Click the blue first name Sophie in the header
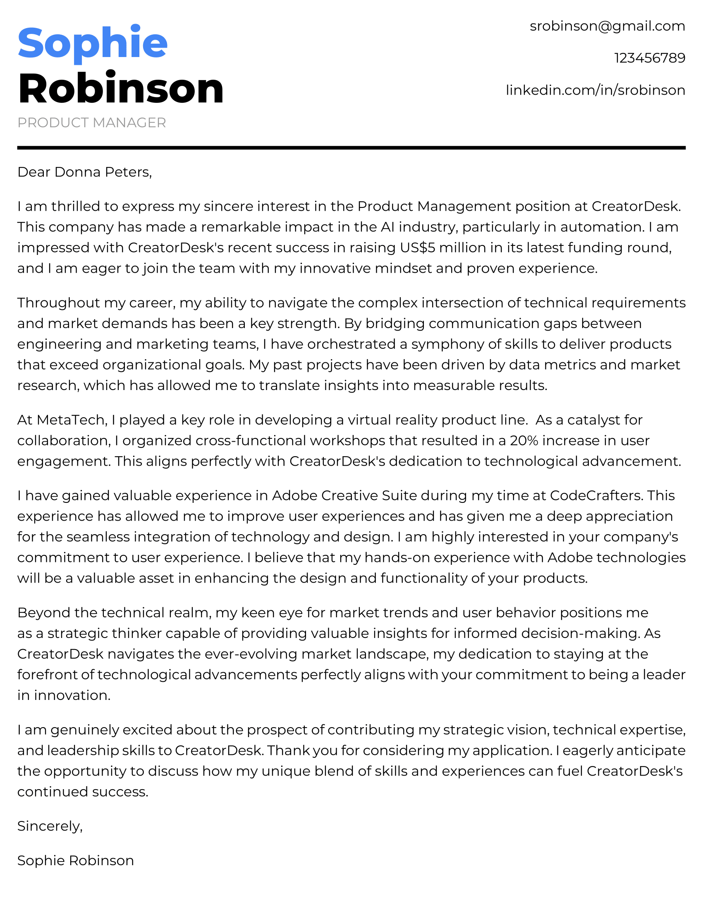93,43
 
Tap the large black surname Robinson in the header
121,88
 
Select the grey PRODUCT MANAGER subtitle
92,123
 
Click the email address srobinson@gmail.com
607,26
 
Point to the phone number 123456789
650,58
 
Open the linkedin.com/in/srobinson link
595,90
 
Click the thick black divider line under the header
351,148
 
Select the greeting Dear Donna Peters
84,172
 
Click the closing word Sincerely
50,826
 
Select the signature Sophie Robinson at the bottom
75,861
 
